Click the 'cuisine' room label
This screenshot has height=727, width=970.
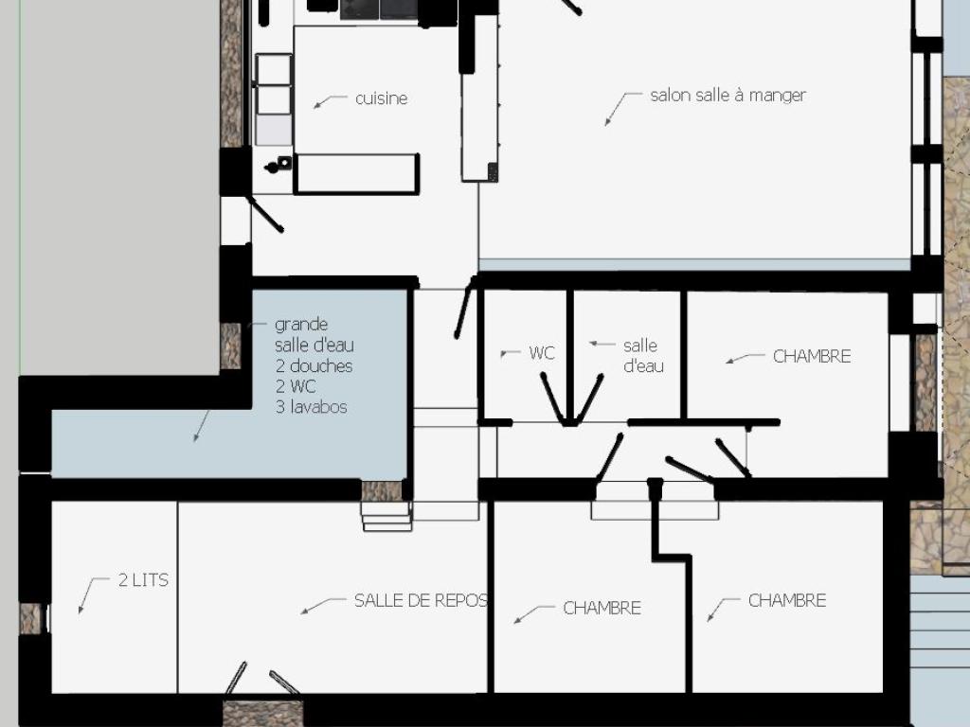click(x=381, y=98)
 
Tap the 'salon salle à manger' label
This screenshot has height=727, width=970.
click(x=728, y=96)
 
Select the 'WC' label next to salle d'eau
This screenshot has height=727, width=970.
click(x=542, y=353)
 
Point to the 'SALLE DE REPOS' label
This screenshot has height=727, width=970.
click(x=421, y=600)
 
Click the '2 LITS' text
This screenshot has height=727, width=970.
click(x=143, y=580)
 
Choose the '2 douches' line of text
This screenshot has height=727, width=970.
click(x=314, y=366)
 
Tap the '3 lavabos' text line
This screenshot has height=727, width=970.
click(x=311, y=407)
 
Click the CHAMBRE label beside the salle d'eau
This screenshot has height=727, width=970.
click(x=812, y=356)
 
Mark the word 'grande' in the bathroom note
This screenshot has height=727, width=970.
click(x=301, y=326)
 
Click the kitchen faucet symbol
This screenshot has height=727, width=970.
click(x=278, y=165)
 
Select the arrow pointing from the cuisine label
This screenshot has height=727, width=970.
click(x=331, y=101)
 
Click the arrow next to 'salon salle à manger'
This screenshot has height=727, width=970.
click(x=623, y=109)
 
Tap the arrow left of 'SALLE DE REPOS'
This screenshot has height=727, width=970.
click(x=323, y=605)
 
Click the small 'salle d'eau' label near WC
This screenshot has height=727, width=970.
click(x=643, y=356)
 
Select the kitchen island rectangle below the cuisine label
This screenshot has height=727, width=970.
click(x=356, y=174)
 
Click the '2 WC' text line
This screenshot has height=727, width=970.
click(x=296, y=386)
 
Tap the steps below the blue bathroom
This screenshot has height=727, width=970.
click(x=386, y=516)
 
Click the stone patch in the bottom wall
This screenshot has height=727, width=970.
click(x=262, y=714)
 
